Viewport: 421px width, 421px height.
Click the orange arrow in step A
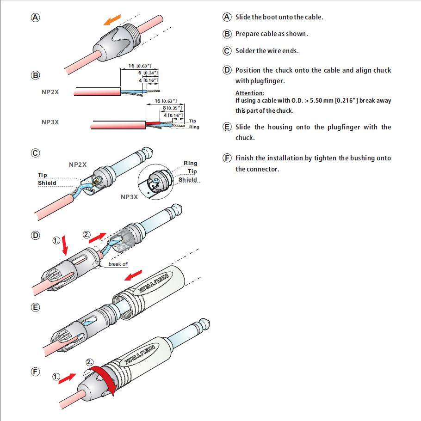pyautogui.click(x=112, y=20)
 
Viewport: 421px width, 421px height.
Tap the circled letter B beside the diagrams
pyautogui.click(x=35, y=75)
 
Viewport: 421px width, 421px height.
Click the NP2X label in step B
pyautogui.click(x=50, y=92)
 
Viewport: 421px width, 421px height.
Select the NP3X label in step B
pyautogui.click(x=50, y=122)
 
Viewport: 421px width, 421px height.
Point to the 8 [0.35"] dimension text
pyautogui.click(x=171, y=108)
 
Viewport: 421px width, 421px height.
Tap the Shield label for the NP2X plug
pyautogui.click(x=47, y=183)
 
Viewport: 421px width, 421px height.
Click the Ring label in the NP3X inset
pyautogui.click(x=190, y=163)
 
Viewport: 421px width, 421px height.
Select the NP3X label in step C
pyautogui.click(x=130, y=196)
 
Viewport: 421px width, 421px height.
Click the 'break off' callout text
pyautogui.click(x=118, y=264)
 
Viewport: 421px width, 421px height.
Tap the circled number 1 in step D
pyautogui.click(x=56, y=240)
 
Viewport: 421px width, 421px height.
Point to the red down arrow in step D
pyautogui.click(x=65, y=245)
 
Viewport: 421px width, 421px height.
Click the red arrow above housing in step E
pyautogui.click(x=133, y=276)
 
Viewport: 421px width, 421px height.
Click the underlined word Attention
pyautogui.click(x=249, y=93)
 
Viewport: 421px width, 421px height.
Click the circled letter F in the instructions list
pyautogui.click(x=227, y=158)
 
